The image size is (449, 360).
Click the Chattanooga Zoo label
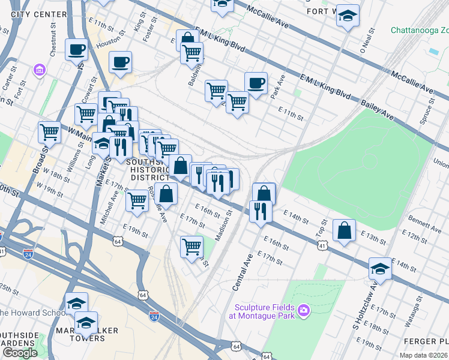[x=419, y=29]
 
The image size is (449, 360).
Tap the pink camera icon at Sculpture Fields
[x=304, y=310]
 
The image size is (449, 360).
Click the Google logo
[x=20, y=353]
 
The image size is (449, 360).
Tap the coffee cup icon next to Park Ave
[x=256, y=83]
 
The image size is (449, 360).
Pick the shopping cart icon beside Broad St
[x=49, y=132]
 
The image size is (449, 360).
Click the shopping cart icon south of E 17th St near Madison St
[x=191, y=247]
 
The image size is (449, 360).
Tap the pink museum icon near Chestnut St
[x=40, y=70]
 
